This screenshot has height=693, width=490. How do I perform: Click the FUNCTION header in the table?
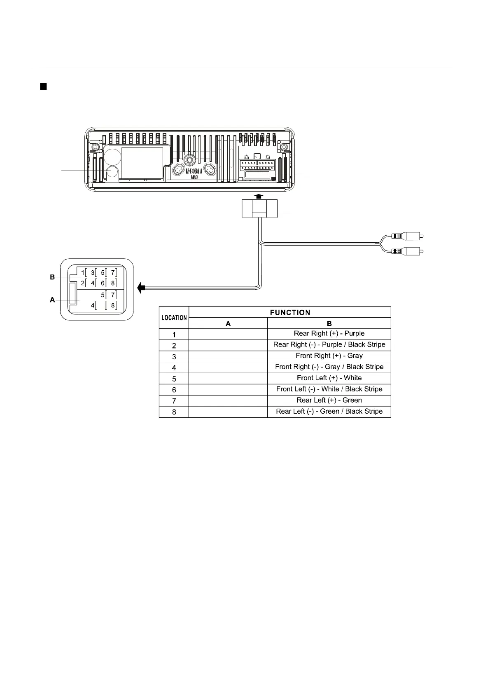click(289, 312)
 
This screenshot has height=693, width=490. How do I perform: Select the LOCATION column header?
click(174, 318)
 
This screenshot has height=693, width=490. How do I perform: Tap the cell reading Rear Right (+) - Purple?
click(329, 334)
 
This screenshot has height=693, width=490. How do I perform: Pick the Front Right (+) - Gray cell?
click(329, 356)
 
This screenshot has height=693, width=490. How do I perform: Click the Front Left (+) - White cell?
click(329, 378)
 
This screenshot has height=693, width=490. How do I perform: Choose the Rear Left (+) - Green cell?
click(329, 400)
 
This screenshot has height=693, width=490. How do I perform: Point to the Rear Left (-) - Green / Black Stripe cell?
click(329, 412)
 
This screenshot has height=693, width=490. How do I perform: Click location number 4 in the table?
click(174, 368)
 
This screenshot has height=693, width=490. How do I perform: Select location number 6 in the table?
click(174, 390)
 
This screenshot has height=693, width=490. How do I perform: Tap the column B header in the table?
click(329, 323)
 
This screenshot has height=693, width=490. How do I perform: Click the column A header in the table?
click(228, 323)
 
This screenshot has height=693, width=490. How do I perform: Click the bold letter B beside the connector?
click(52, 278)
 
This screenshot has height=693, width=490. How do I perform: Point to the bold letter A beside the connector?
click(52, 300)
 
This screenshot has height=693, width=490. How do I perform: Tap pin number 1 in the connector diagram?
click(82, 273)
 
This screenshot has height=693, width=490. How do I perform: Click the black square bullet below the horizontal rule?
click(42, 87)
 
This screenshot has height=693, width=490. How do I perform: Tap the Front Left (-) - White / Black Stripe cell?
click(329, 389)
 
